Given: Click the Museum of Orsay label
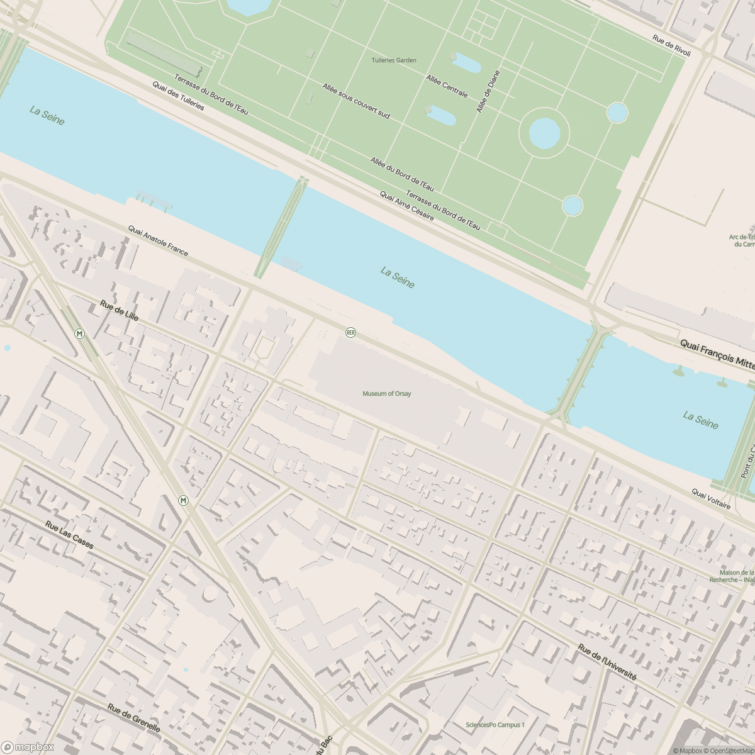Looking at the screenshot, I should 386,394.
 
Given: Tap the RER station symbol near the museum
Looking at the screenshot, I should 351,332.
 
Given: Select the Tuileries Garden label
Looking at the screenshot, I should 393,60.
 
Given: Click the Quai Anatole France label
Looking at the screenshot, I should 158,241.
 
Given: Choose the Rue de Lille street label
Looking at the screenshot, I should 119,310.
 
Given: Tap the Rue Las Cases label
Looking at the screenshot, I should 69,534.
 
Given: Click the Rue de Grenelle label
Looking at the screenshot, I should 133,718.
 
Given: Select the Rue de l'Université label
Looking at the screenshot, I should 607,663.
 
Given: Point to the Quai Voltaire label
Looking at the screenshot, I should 711,499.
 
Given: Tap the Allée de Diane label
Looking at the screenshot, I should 488,91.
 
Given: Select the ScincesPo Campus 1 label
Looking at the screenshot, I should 495,725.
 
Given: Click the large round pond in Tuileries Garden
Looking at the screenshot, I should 544,133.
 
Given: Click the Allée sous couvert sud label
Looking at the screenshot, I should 356,101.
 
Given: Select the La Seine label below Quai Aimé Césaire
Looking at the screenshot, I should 398,277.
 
